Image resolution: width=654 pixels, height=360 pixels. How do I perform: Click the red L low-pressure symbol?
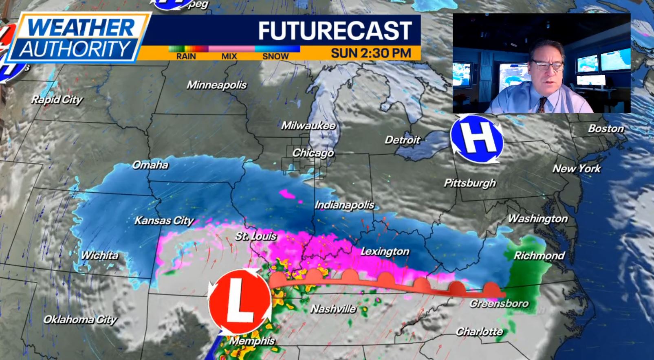point(239,301)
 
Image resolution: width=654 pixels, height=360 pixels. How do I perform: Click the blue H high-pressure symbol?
point(477,139)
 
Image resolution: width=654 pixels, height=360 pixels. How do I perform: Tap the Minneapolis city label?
point(216,85)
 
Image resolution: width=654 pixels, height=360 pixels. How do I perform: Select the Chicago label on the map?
point(313,153)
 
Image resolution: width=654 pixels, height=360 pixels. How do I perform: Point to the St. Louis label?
point(256,236)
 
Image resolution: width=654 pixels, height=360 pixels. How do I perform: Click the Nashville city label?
point(333,309)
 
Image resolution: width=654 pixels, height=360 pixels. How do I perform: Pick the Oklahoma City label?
point(80,319)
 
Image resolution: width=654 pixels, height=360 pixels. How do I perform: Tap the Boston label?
point(606,129)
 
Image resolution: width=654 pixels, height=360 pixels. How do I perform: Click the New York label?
point(576,169)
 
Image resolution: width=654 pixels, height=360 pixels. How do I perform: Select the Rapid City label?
point(57,100)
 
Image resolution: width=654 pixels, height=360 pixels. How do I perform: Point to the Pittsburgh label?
point(469,183)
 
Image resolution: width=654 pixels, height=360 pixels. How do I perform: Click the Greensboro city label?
point(499,303)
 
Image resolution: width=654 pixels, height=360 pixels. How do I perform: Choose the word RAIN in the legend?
point(186,57)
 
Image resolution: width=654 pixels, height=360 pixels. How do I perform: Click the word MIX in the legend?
point(229,57)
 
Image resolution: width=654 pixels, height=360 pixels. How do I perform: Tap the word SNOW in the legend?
point(275,57)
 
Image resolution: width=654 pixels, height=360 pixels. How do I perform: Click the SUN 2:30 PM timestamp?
point(370,53)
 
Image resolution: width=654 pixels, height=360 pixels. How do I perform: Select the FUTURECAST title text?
point(335,31)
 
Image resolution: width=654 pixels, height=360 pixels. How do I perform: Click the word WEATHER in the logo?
point(81,28)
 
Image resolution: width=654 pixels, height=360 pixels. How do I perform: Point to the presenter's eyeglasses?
point(547,65)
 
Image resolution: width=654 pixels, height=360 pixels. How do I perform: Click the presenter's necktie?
point(542,105)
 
